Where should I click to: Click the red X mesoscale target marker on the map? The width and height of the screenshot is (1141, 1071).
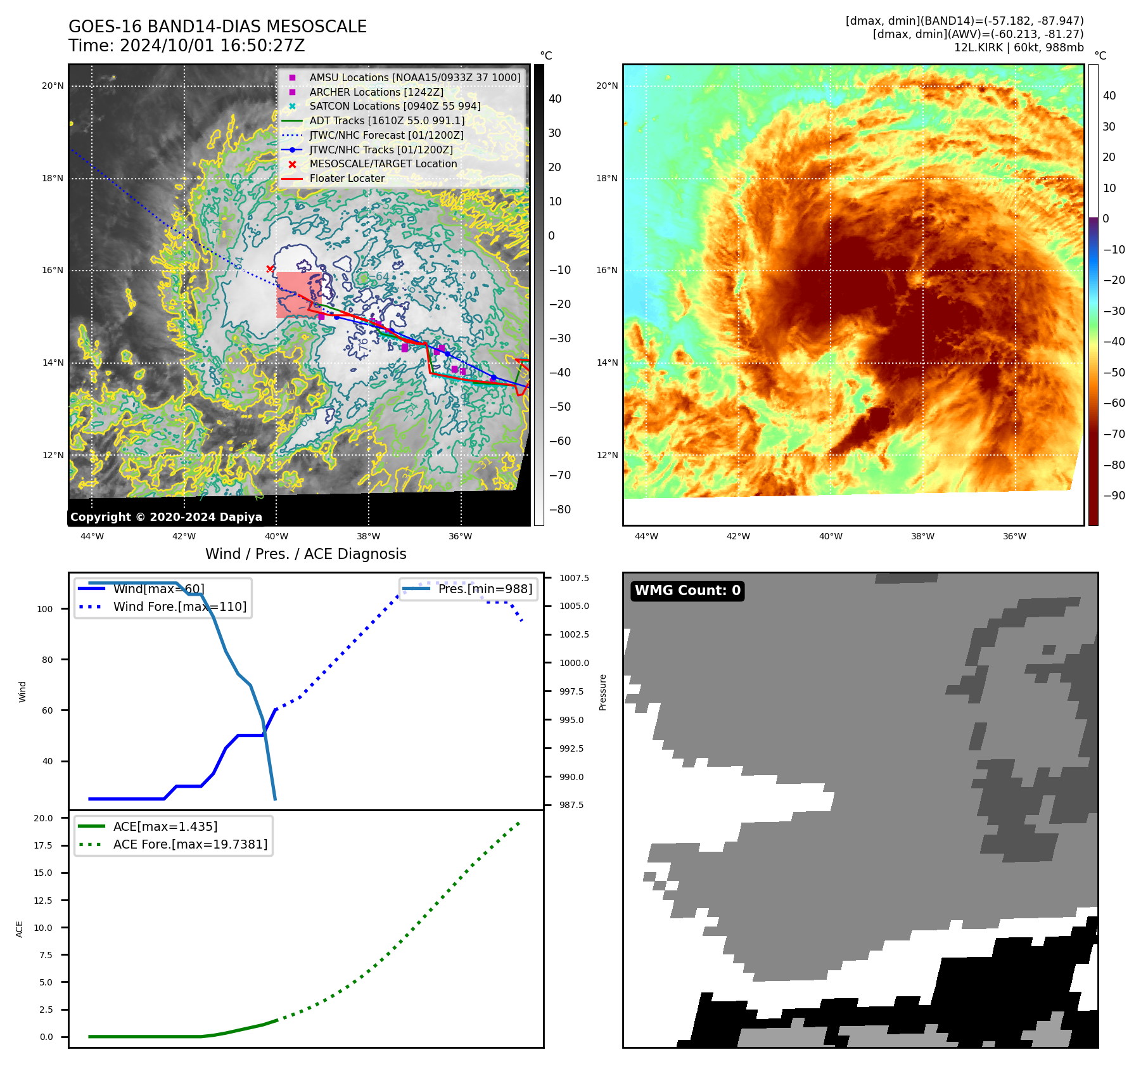coord(271,269)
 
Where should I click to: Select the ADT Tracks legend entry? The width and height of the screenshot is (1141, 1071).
coord(386,120)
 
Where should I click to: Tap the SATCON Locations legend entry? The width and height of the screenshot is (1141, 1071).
coord(395,106)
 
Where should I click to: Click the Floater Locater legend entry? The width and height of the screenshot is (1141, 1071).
coord(347,178)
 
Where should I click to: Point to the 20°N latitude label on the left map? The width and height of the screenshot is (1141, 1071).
coord(53,86)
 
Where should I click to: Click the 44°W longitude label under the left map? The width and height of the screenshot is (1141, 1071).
coord(92,536)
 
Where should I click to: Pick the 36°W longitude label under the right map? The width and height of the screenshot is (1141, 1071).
coord(1014,536)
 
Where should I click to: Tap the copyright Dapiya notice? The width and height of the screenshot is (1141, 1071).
coord(166,517)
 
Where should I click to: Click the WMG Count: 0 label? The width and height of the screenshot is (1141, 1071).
coord(687,591)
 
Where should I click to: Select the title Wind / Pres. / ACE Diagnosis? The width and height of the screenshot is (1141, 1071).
coord(305,554)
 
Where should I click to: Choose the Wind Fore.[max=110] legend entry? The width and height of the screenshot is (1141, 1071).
coord(179,606)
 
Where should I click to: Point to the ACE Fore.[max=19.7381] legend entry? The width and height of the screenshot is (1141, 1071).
coord(190,844)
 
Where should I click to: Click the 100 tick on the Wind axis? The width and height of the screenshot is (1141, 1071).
coord(45,609)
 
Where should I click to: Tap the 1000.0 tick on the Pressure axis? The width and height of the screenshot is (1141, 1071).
coord(574,663)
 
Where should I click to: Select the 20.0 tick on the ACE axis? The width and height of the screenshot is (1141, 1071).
coord(44,818)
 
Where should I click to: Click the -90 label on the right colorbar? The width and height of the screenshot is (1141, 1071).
coord(1114,496)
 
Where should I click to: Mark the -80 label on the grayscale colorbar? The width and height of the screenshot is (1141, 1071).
coord(559,510)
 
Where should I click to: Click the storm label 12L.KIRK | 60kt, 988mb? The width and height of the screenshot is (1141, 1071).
coord(1019,48)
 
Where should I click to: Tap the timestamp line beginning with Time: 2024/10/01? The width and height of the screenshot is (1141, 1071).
coord(187,46)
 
